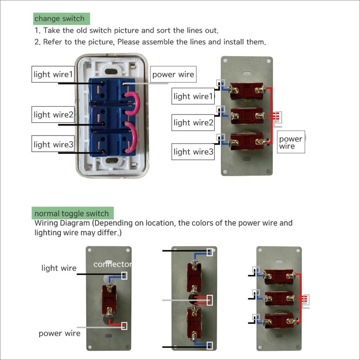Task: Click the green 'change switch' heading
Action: tap(62, 19)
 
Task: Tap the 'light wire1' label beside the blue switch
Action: tap(52, 74)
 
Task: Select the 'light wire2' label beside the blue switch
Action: tap(53, 115)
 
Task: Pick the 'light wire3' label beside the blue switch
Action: tap(53, 144)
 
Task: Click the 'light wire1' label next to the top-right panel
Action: tap(192, 96)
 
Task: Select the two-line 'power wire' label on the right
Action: tap(290, 142)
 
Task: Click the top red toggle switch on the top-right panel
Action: tap(246, 90)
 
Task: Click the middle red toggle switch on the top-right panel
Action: tap(246, 117)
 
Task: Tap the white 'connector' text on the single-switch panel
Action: tap(112, 264)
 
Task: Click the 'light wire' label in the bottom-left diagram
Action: tap(59, 268)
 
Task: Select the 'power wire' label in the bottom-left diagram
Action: tap(59, 333)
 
